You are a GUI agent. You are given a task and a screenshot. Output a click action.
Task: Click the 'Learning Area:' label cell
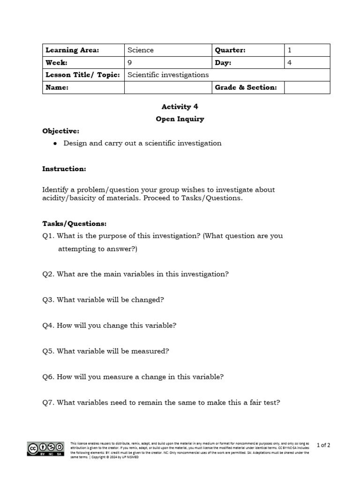pos(72,50)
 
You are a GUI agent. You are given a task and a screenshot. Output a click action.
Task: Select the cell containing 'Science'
pos(141,50)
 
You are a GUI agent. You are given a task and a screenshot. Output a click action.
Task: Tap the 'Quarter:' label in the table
pos(230,50)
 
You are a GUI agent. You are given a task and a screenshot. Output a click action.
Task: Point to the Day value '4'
pos(289,62)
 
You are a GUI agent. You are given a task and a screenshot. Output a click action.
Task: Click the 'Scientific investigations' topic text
pos(168,75)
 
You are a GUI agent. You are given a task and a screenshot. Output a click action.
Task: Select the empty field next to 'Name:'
pos(167,88)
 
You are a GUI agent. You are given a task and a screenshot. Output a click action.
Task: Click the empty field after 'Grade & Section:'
pos(307,88)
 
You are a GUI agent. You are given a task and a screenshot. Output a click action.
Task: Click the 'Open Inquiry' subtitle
pos(180,119)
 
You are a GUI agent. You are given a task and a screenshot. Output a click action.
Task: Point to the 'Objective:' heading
pos(61,131)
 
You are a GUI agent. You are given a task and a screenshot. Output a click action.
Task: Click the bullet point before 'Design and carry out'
pos(55,143)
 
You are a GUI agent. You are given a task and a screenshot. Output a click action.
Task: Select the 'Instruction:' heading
pos(64,169)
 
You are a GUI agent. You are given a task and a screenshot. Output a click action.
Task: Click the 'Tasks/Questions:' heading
pos(75,224)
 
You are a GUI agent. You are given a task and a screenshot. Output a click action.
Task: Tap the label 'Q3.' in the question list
pos(49,300)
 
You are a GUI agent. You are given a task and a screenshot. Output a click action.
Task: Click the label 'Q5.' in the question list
pos(49,351)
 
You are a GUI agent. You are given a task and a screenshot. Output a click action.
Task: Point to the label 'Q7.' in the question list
pos(49,402)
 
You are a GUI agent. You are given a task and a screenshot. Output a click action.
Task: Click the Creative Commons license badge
pos(45,449)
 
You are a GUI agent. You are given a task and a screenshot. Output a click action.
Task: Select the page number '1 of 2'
pos(323,445)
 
